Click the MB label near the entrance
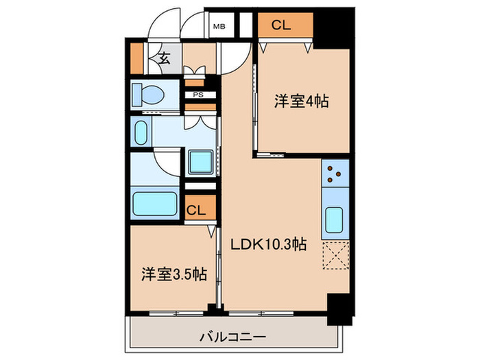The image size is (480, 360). click(x=219, y=27)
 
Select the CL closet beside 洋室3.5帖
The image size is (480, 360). click(x=195, y=210)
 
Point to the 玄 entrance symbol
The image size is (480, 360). click(x=165, y=58)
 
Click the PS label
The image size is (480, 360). click(x=197, y=95)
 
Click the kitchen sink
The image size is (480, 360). click(x=335, y=220)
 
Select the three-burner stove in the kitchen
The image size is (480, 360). click(x=335, y=175)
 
